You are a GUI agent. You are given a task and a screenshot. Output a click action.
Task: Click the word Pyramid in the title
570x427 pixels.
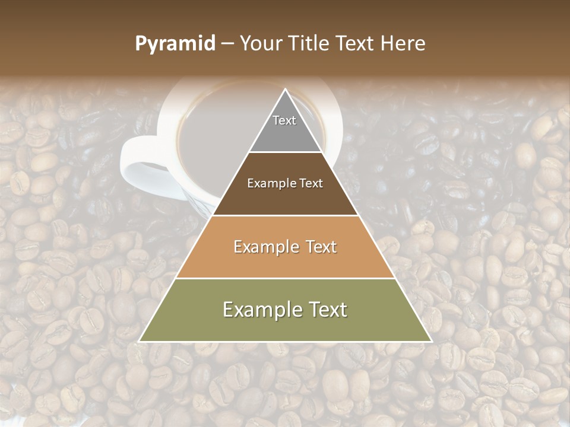click(x=175, y=44)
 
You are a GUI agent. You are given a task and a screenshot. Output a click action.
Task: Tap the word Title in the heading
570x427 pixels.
click(x=312, y=44)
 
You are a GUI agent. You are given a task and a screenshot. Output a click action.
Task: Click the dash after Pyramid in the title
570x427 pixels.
click(x=227, y=44)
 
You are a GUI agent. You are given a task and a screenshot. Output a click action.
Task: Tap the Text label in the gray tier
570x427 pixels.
click(x=284, y=120)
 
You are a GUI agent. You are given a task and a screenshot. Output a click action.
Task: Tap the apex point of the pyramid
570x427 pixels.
click(x=286, y=90)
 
